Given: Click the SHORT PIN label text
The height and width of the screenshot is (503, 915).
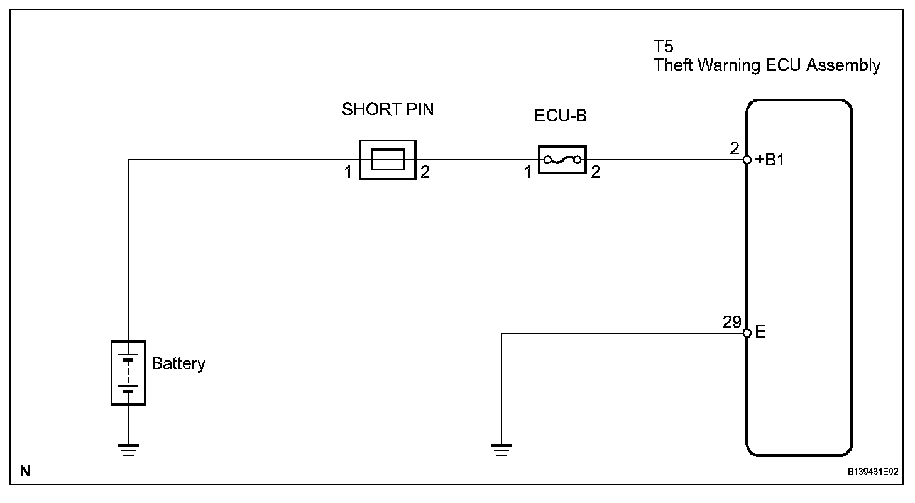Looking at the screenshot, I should tap(388, 109).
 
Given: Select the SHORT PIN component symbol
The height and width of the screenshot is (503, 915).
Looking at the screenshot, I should tap(388, 160).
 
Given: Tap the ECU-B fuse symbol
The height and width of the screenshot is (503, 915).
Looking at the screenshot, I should tap(562, 160).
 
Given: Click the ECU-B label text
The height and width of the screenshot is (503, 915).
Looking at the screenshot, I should tap(561, 116).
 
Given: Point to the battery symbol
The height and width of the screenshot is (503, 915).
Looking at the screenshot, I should tap(128, 372).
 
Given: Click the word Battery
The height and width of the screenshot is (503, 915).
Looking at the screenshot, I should tap(178, 364).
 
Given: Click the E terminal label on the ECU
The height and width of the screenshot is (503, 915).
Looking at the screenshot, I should tap(760, 333).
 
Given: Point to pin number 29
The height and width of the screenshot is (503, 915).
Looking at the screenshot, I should tap(732, 322).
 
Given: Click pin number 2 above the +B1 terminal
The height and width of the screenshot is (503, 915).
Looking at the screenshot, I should tap(735, 150).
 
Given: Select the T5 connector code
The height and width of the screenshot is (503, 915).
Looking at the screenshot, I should tap(663, 47).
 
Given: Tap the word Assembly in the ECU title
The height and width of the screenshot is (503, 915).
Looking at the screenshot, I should tap(843, 65).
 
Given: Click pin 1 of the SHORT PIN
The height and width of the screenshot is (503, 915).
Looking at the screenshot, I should tap(348, 172).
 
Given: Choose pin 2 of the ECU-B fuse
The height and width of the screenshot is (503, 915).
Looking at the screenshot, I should tap(595, 172).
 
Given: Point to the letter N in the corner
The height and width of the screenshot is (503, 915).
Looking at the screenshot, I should tap(25, 470).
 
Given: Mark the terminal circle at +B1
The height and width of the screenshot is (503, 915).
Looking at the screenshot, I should tap(747, 160).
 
